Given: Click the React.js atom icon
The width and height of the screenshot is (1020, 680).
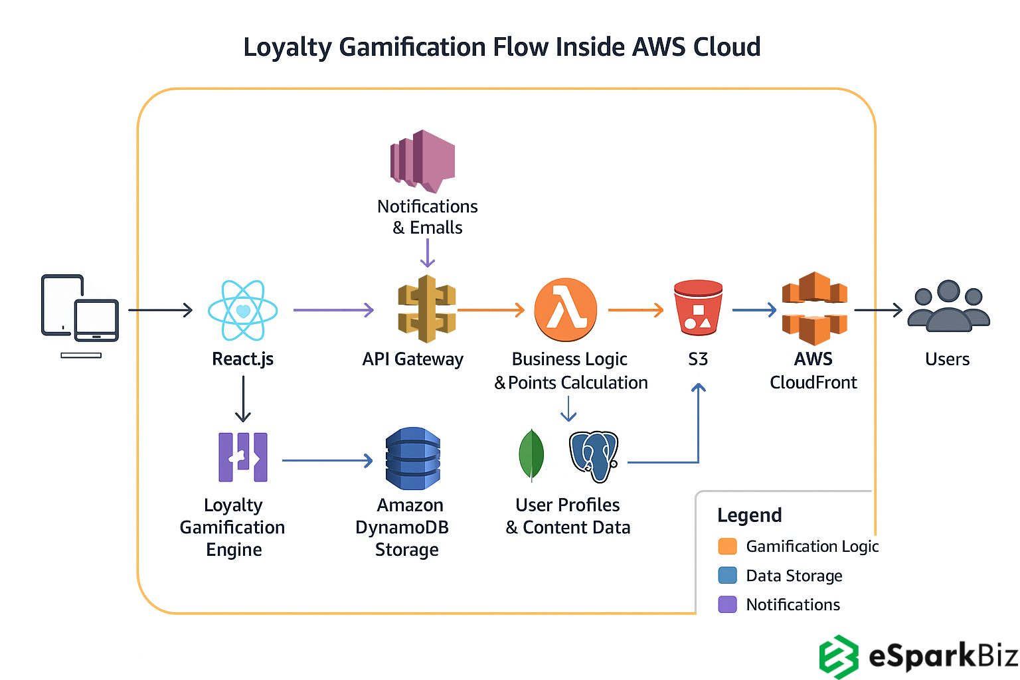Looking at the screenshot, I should click(242, 310).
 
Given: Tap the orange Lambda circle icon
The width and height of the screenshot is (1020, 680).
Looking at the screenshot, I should click(566, 309).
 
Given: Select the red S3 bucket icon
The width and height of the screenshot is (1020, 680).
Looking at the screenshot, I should click(698, 307).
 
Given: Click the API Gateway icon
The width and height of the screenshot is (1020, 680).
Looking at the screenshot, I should click(426, 309).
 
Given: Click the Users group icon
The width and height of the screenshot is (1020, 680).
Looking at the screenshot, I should click(948, 306).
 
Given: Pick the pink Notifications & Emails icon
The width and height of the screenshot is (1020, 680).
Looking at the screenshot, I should click(423, 160).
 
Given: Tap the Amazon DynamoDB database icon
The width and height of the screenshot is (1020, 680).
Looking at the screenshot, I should click(412, 459).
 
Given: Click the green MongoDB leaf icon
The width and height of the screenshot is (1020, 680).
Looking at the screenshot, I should click(531, 454).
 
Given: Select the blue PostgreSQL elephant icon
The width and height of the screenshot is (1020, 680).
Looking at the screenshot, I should click(594, 456).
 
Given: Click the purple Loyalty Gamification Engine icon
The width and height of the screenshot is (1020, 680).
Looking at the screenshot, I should click(243, 457).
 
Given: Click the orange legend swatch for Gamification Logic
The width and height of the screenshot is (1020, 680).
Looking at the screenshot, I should click(728, 547).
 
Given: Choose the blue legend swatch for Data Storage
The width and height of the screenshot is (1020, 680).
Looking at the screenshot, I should click(728, 575).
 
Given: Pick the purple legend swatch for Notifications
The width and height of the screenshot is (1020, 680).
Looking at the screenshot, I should click(728, 604).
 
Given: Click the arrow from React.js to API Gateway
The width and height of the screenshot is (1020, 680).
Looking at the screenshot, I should click(333, 309).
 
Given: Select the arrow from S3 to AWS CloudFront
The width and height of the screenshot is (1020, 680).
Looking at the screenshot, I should click(754, 309).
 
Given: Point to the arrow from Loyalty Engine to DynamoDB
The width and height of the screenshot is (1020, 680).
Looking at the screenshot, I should click(327, 460).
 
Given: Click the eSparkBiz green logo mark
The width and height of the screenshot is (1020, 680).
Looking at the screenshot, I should click(839, 657).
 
